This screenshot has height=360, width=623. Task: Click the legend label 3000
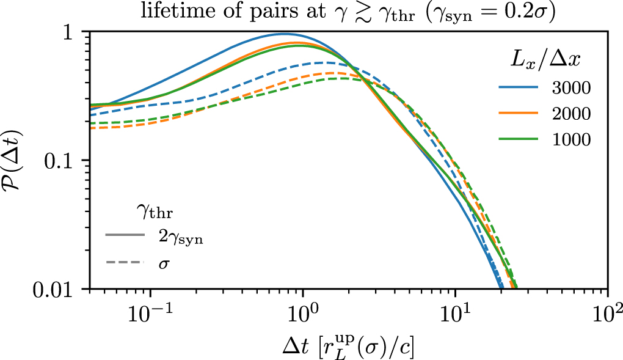[x=570, y=88]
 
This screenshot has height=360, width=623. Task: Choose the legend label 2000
[x=570, y=114]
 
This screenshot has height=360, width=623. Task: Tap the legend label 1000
[x=570, y=139]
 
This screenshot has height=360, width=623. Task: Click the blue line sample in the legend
[x=518, y=88]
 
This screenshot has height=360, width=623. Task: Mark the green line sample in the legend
[x=518, y=139]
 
